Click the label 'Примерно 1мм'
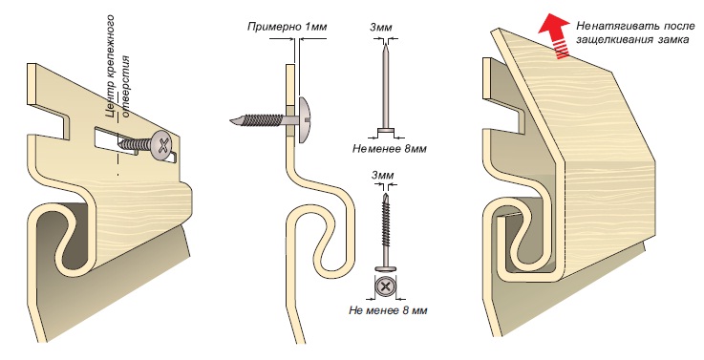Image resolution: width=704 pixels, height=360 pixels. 287,27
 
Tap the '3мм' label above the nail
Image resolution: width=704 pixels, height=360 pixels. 381,28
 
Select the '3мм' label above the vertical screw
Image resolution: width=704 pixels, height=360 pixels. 382,175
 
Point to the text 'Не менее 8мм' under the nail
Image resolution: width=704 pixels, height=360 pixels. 390,149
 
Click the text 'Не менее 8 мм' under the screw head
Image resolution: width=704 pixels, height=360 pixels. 388,310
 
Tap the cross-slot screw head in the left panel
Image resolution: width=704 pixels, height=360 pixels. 164,144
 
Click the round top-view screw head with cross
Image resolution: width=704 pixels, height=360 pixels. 385,286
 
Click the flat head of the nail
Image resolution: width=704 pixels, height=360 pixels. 385,133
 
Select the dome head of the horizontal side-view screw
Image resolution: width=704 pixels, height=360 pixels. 303,120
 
